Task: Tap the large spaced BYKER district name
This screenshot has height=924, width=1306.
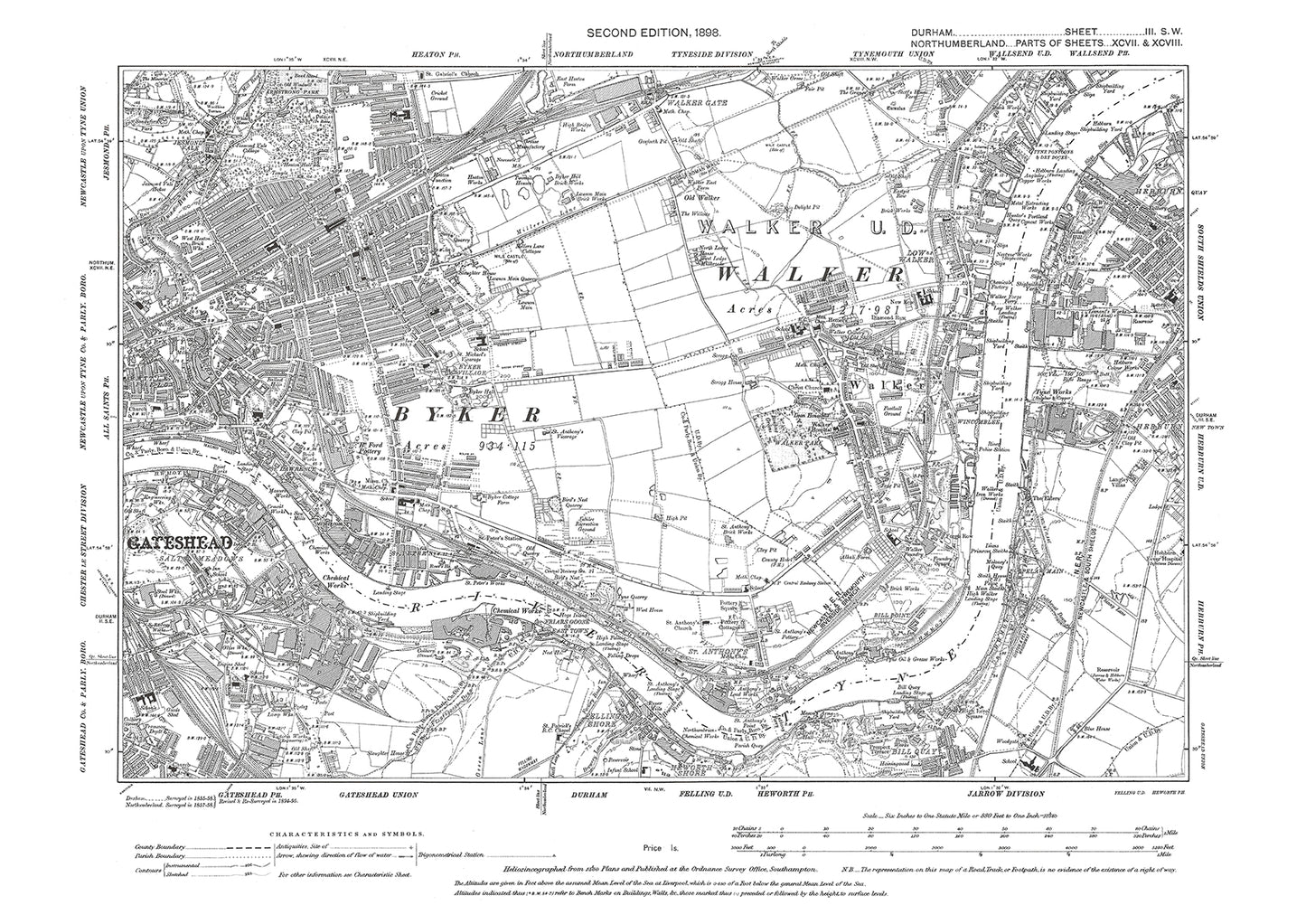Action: coord(466,413)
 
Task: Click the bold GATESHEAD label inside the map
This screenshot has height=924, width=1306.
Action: coord(180,543)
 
